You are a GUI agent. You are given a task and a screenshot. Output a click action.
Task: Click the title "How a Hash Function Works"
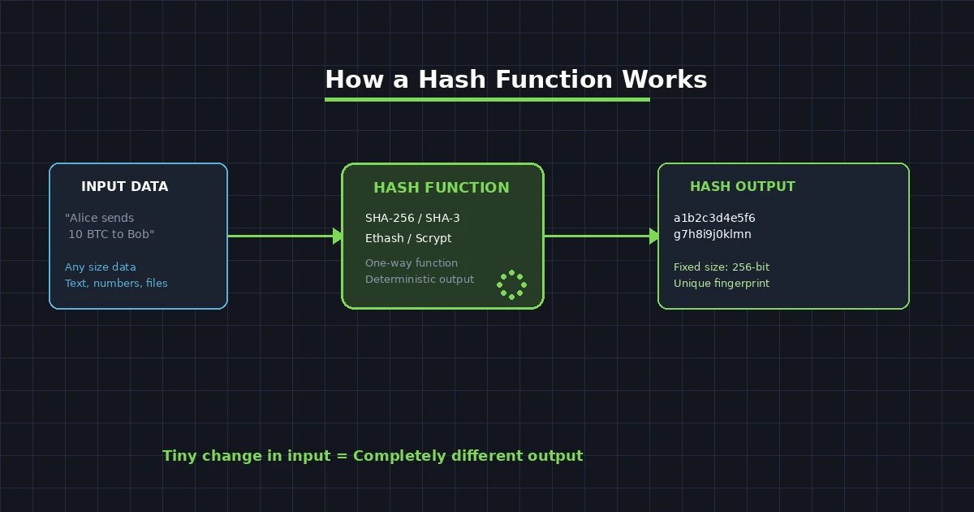pyautogui.click(x=515, y=80)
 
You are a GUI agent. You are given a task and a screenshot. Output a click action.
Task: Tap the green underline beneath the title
pyautogui.click(x=487, y=100)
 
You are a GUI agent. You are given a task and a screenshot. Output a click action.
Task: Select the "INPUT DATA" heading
pyautogui.click(x=124, y=187)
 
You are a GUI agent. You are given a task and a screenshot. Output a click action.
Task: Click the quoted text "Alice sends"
pyautogui.click(x=100, y=218)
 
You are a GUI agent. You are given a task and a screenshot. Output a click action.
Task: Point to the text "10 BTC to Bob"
pyautogui.click(x=111, y=234)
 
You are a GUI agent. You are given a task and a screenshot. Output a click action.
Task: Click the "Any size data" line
pyautogui.click(x=101, y=267)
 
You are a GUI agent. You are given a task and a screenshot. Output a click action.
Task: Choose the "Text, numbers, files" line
pyautogui.click(x=116, y=284)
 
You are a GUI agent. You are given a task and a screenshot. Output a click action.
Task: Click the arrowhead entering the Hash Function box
pyautogui.click(x=338, y=236)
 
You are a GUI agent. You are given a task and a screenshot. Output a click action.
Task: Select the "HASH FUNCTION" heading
pyautogui.click(x=441, y=188)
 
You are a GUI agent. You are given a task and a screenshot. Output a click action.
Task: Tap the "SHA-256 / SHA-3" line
pyautogui.click(x=412, y=218)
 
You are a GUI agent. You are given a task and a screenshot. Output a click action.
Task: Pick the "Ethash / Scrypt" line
pyautogui.click(x=408, y=238)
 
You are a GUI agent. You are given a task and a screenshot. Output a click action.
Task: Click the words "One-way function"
pyautogui.click(x=412, y=263)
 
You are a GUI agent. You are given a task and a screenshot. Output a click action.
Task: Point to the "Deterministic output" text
pyautogui.click(x=420, y=280)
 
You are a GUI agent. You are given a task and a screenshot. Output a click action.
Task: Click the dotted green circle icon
pyautogui.click(x=511, y=284)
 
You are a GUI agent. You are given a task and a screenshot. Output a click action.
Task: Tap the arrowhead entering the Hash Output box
pyautogui.click(x=654, y=236)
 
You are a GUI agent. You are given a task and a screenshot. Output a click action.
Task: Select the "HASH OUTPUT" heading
pyautogui.click(x=742, y=187)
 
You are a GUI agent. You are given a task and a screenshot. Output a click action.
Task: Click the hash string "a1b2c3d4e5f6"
pyautogui.click(x=714, y=218)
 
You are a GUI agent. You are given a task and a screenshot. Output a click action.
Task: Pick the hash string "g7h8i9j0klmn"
pyautogui.click(x=713, y=234)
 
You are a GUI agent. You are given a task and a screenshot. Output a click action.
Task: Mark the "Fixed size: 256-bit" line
pyautogui.click(x=722, y=267)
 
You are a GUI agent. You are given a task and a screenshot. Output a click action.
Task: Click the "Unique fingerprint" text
pyautogui.click(x=722, y=284)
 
